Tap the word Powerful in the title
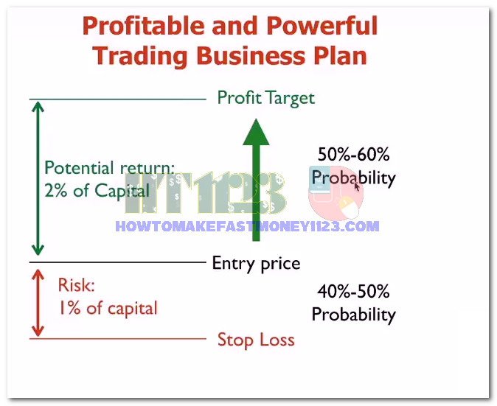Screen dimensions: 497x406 (322, 26)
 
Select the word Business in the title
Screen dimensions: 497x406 (251, 55)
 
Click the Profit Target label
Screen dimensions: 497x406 (266, 98)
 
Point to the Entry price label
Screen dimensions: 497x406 (256, 264)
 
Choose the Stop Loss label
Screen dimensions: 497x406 (256, 340)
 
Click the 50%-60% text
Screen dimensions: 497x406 (353, 154)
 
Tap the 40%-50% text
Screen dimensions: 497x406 (353, 291)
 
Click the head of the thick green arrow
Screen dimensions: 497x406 (256, 132)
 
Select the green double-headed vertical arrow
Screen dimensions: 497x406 (38, 178)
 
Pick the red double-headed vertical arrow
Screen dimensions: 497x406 (38, 303)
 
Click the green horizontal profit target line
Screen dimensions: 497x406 (117, 99)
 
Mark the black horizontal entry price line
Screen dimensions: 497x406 (117, 262)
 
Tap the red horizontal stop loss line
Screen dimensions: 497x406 (117, 338)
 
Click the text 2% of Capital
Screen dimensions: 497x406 (97, 191)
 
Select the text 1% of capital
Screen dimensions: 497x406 (108, 308)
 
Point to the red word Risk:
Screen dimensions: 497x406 (77, 284)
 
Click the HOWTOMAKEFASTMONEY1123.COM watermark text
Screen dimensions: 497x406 (247, 226)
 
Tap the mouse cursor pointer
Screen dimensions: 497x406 (356, 186)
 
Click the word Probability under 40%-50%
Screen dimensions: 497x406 (354, 315)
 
